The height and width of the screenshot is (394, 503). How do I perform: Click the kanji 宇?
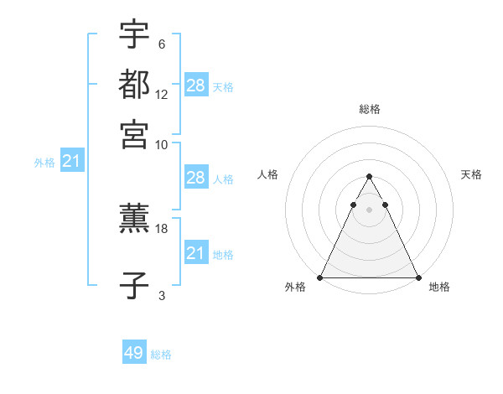coord(134,35)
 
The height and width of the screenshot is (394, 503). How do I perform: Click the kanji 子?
coord(134,285)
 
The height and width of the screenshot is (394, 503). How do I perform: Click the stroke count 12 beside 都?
coord(162,94)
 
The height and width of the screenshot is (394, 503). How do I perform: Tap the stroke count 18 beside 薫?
coord(162,228)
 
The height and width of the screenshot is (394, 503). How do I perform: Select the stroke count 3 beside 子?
coord(161,295)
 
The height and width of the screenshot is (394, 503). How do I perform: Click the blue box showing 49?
coord(134,353)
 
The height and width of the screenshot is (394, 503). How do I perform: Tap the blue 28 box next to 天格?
coord(196,86)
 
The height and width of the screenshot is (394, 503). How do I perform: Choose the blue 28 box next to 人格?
coord(196,178)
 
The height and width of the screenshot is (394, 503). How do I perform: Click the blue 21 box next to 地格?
coord(196,253)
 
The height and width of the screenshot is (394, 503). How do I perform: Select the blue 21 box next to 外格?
coord(71,161)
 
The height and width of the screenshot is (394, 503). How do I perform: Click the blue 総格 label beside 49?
coord(161,355)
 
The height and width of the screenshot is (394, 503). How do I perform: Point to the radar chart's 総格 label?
coord(369,109)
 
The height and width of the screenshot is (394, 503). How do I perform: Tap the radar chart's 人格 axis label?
coord(268,174)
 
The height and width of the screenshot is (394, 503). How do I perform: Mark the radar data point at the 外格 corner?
coord(321,277)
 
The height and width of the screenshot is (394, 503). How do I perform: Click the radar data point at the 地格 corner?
coord(417,277)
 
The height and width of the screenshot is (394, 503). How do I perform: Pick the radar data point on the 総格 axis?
coord(369,177)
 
